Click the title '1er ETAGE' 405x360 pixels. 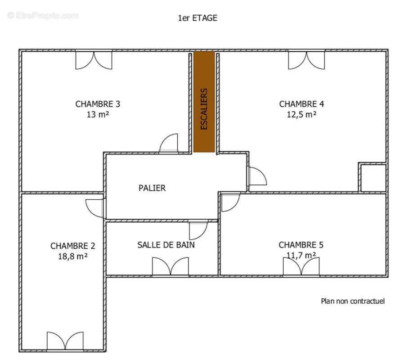click(x=198, y=18)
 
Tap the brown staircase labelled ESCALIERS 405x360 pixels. click(x=204, y=102)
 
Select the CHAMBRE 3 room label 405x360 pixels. click(x=98, y=104)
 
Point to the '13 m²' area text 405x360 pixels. click(x=98, y=114)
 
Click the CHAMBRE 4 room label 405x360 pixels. click(x=301, y=104)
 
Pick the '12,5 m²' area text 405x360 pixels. click(x=301, y=114)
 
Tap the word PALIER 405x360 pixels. click(x=152, y=188)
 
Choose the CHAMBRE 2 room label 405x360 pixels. click(x=73, y=246)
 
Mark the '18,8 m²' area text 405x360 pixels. click(x=73, y=256)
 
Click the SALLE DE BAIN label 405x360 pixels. click(x=166, y=245)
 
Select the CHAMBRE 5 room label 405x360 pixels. click(x=301, y=245)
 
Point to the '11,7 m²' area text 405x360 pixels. click(x=301, y=255)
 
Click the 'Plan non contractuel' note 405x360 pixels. click(x=353, y=301)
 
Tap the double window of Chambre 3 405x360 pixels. click(x=94, y=60)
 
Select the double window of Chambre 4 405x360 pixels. click(x=306, y=60)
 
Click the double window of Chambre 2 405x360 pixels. click(x=65, y=341)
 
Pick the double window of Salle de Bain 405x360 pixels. click(x=170, y=266)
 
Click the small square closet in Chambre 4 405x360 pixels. click(x=373, y=178)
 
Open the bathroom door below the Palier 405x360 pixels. click(x=197, y=230)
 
